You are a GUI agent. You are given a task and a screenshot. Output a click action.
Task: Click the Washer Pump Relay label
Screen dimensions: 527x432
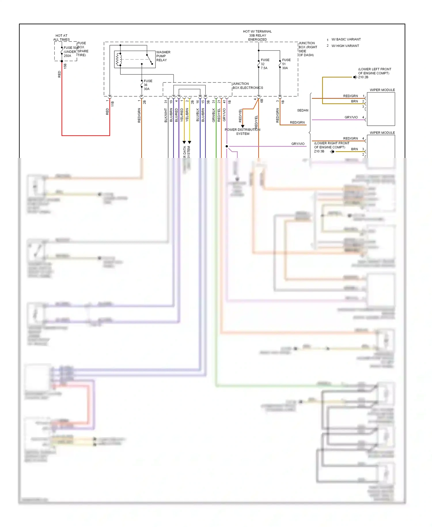tap(163, 56)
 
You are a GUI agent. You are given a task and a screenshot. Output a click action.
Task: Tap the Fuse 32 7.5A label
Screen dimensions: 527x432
tap(265, 64)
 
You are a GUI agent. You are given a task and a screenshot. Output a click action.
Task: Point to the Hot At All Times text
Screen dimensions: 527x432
tap(61, 37)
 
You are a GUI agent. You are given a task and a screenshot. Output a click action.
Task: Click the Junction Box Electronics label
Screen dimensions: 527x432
tap(247, 86)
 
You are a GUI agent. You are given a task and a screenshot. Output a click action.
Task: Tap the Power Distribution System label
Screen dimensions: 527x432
tap(242, 132)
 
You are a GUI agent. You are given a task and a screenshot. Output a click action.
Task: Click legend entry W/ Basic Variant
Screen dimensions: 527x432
tap(346, 39)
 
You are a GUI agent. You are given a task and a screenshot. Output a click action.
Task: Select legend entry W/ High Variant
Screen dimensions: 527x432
tap(345, 46)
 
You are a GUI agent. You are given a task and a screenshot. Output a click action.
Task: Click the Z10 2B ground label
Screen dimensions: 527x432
tap(363, 77)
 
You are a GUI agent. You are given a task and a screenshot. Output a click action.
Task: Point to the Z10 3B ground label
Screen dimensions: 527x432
tap(319, 151)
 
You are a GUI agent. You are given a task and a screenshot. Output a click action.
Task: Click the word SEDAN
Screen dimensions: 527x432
tap(302, 110)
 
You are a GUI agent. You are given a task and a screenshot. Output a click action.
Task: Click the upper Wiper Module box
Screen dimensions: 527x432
tap(380, 109)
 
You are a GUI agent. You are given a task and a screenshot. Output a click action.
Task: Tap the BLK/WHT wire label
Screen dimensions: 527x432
tap(166, 115)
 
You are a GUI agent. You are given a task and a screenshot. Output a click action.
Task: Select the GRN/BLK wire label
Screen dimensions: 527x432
tap(213, 115)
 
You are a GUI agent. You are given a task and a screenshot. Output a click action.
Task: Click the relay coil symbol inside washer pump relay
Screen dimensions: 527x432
tap(118, 60)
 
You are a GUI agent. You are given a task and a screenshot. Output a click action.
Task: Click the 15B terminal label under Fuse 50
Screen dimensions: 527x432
tap(65, 66)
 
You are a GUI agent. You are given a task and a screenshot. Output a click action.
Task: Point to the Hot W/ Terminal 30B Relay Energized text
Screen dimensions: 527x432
tap(257, 35)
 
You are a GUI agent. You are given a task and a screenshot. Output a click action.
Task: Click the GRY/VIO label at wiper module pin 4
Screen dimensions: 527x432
tap(351, 117)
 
